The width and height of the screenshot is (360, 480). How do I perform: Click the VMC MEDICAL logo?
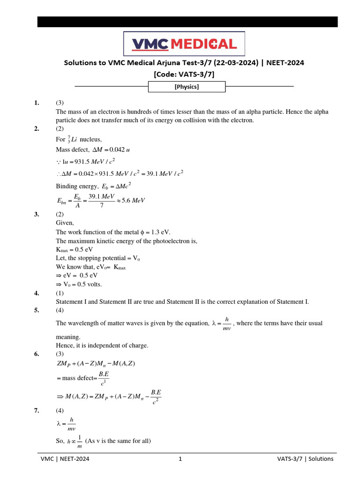pyautogui.click(x=184, y=44)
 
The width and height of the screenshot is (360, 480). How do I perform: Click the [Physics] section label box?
pyautogui.click(x=187, y=87)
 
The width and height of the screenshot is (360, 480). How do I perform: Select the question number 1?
pyautogui.click(x=37, y=103)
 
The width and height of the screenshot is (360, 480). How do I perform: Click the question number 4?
pyautogui.click(x=37, y=293)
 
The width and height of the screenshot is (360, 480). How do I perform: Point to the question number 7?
pyautogui.click(x=37, y=410)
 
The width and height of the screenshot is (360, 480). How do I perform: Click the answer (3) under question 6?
pyautogui.click(x=60, y=354)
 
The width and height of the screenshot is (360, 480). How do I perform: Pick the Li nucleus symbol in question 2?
pyautogui.click(x=72, y=139)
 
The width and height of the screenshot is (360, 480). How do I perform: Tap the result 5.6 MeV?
pyautogui.click(x=133, y=201)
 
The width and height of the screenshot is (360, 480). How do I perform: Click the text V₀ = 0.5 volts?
pyautogui.click(x=79, y=285)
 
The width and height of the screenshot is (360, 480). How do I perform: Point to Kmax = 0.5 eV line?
pyautogui.click(x=74, y=249)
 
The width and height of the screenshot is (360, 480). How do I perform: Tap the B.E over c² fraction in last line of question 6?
pyautogui.click(x=156, y=396)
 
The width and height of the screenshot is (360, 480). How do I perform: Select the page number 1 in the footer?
pyautogui.click(x=180, y=459)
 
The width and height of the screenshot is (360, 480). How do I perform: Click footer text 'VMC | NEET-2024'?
pyautogui.click(x=65, y=459)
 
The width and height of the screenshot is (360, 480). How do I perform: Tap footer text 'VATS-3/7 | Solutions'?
pyautogui.click(x=305, y=459)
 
